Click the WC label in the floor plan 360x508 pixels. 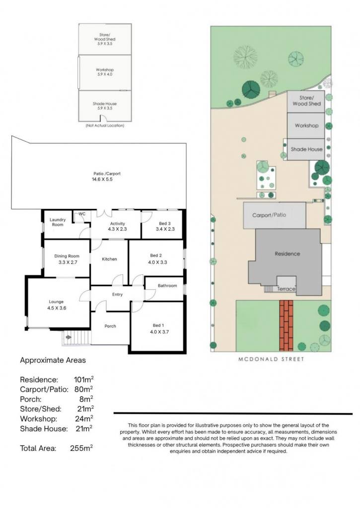click(x=82, y=214)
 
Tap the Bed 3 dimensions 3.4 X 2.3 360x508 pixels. click(x=165, y=229)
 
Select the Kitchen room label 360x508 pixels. click(x=109, y=259)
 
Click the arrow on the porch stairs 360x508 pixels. click(x=69, y=337)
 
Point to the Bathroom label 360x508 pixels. click(x=167, y=286)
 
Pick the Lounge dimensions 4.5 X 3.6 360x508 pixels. click(x=57, y=308)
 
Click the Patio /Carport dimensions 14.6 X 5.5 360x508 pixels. click(x=102, y=179)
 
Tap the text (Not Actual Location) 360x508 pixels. click(x=105, y=126)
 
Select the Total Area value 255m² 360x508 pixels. click(x=81, y=448)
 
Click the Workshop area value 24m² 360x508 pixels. click(x=84, y=419)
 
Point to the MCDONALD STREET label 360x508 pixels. click(x=271, y=359)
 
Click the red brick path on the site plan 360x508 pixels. click(x=286, y=325)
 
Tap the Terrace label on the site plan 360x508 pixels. click(x=286, y=289)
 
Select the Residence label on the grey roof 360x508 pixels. click(x=288, y=254)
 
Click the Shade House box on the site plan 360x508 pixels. click(x=306, y=149)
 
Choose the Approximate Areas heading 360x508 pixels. click(x=53, y=360)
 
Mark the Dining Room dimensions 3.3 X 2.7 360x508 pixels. click(x=68, y=262)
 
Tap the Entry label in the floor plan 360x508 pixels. click(x=117, y=295)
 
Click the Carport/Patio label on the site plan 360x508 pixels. click(x=269, y=215)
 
